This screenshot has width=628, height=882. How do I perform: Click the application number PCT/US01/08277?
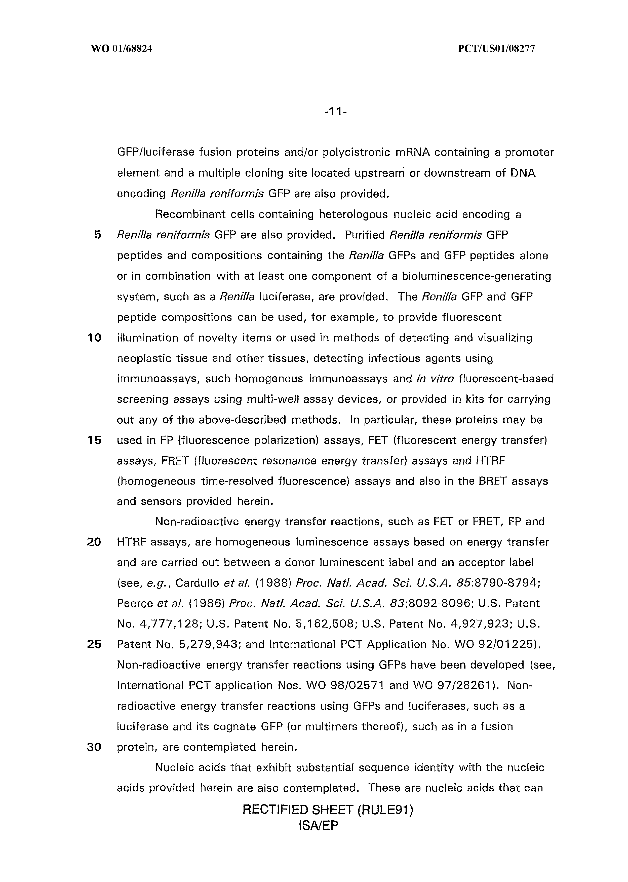coord(496,49)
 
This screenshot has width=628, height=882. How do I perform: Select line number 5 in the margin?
coord(97,235)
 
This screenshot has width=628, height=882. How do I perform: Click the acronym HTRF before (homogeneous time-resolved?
coord(490,461)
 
